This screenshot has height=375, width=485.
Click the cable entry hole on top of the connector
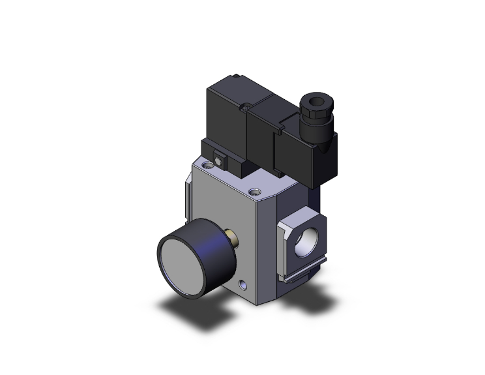(x=311, y=102)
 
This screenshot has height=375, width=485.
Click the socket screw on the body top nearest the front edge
(x=255, y=192)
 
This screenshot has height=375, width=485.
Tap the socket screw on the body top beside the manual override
(x=207, y=167)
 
